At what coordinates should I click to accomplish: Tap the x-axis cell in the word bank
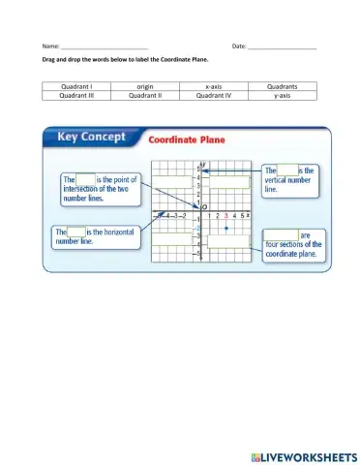pyautogui.click(x=214, y=87)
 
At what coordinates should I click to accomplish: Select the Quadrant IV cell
pyautogui.click(x=214, y=96)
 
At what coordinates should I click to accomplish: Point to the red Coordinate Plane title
pyautogui.click(x=188, y=139)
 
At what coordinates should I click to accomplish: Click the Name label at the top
pyautogui.click(x=49, y=46)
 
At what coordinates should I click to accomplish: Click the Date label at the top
pyautogui.click(x=239, y=46)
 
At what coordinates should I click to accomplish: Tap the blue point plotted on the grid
pyautogui.click(x=225, y=228)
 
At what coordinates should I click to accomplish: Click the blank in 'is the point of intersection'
pyautogui.click(x=86, y=179)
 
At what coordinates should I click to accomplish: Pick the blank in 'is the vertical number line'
pyautogui.click(x=286, y=170)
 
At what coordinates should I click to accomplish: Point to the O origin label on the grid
pyautogui.click(x=204, y=206)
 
